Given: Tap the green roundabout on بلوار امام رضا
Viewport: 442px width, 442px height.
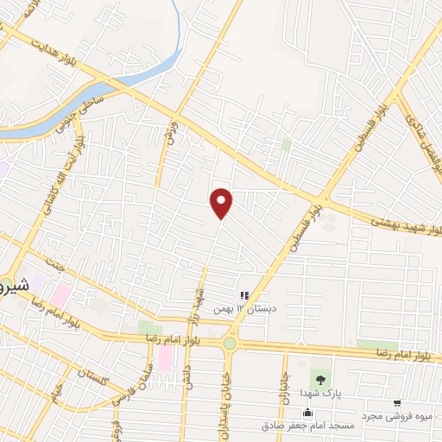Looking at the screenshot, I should (x=230, y=344).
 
